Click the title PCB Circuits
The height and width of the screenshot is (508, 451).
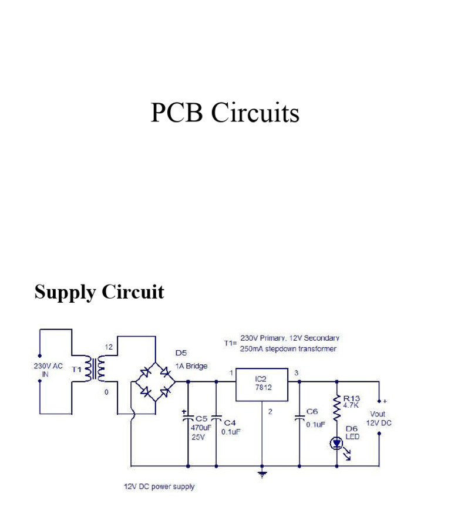pyautogui.click(x=225, y=113)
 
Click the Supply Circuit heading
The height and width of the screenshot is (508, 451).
pyautogui.click(x=99, y=292)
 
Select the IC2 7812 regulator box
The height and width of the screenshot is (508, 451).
pyautogui.click(x=262, y=384)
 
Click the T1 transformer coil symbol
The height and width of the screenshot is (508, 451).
pyautogui.click(x=96, y=369)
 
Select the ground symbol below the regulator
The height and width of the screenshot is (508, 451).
pyautogui.click(x=262, y=473)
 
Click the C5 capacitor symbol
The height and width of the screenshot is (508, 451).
pyautogui.click(x=188, y=419)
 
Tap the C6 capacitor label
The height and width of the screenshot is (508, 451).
pyautogui.click(x=312, y=412)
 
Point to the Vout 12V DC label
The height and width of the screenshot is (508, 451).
pyautogui.click(x=379, y=418)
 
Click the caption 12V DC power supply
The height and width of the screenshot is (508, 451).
pyautogui.click(x=159, y=486)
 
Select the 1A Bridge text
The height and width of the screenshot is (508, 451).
pyautogui.click(x=191, y=365)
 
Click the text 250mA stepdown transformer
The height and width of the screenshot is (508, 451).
pyautogui.click(x=288, y=348)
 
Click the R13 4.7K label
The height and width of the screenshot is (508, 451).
pyautogui.click(x=352, y=401)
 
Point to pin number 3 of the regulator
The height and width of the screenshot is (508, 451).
pyautogui.click(x=296, y=372)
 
